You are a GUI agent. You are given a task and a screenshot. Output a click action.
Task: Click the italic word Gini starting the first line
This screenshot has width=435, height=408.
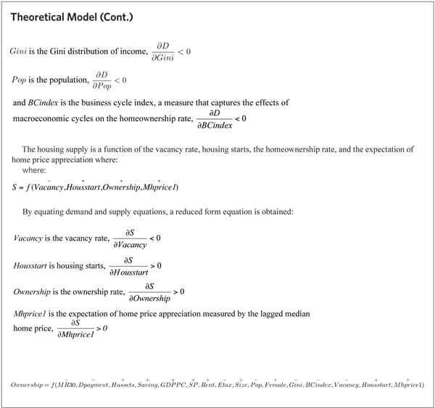click(x=20, y=53)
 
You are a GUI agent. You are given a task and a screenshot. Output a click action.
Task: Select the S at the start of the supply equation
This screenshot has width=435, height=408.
click(x=16, y=188)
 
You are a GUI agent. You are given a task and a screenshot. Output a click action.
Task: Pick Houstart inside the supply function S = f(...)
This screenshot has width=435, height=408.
click(x=91, y=188)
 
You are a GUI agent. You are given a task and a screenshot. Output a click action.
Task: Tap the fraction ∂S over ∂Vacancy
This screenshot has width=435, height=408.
click(x=127, y=238)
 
